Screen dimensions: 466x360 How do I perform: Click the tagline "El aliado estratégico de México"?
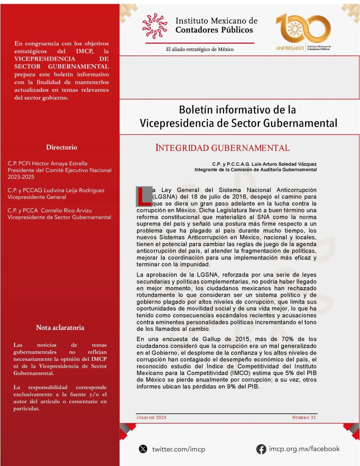point(200,49)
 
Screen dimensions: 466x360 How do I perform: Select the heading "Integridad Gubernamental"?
point(222,148)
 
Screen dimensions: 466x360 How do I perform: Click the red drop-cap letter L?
point(144,195)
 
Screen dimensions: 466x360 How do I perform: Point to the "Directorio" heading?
point(61,147)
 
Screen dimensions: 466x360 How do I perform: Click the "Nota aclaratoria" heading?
point(60,328)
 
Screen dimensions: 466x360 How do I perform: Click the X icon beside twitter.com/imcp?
point(143,449)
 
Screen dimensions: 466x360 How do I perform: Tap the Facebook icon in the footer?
point(261,449)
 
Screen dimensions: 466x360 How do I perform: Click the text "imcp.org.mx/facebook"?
point(304,449)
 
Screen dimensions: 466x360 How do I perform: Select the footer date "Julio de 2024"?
point(151,417)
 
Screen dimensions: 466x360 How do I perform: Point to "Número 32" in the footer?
point(304,417)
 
